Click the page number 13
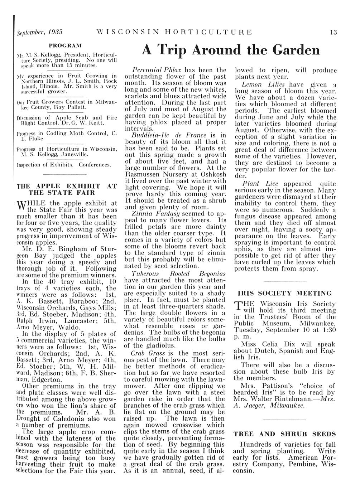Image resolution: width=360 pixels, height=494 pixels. coord(333,32)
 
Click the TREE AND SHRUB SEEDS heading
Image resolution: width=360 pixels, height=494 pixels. coord(285,434)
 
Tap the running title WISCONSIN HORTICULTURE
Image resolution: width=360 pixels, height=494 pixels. coord(174,32)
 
